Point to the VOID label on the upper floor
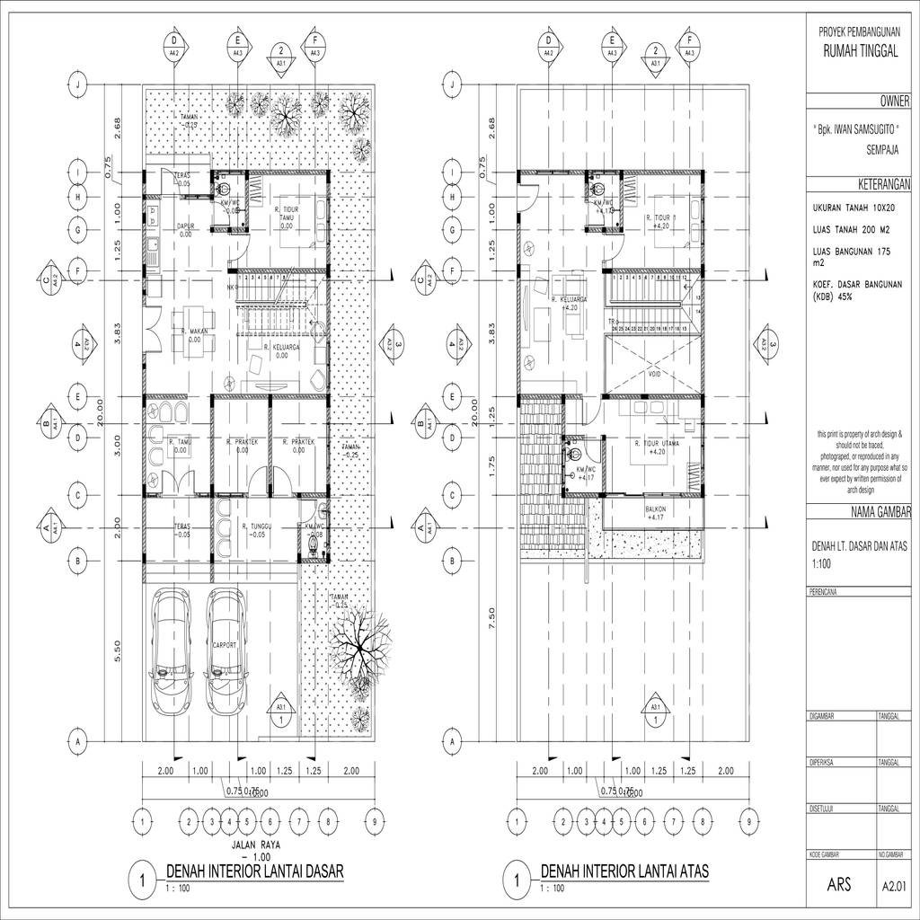click(652, 376)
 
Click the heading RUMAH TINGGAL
click(860, 52)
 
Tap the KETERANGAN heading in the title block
click(884, 184)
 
